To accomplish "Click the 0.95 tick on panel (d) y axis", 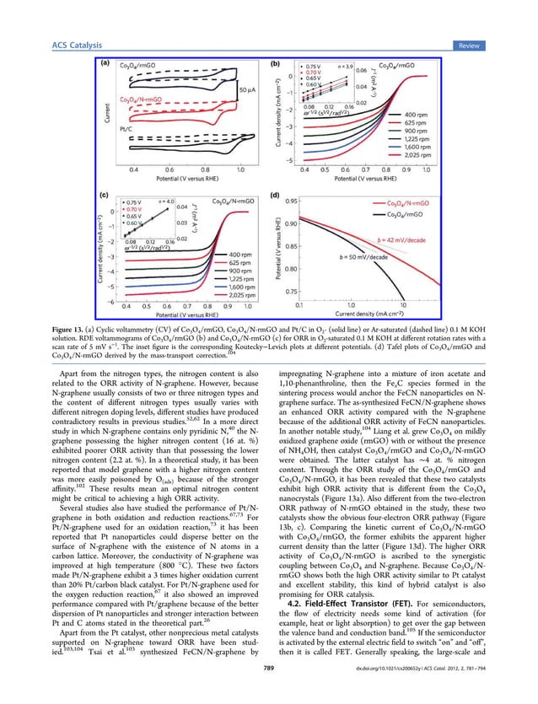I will click(286, 202).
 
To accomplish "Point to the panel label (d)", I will click(274, 196).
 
